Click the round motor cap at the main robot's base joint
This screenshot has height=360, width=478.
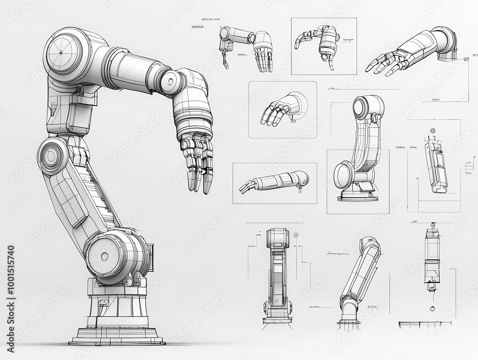pyautogui.click(x=105, y=256)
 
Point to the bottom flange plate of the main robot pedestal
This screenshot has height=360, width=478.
pyautogui.click(x=117, y=341)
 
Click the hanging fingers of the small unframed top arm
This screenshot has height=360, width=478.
pyautogui.click(x=263, y=58)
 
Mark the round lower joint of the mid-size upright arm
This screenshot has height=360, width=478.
pyautogui.click(x=344, y=175)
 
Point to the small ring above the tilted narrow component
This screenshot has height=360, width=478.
pyautogui.click(x=433, y=131)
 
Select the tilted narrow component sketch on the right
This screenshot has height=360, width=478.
pyautogui.click(x=436, y=165)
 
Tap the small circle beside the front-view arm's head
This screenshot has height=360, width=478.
pyautogui.click(x=296, y=235)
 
